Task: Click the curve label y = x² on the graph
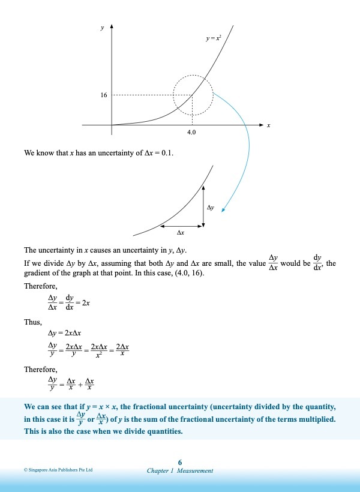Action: pyautogui.click(x=213, y=38)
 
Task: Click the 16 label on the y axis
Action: pyautogui.click(x=104, y=95)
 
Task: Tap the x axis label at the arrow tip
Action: pyautogui.click(x=268, y=125)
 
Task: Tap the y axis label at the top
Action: pyautogui.click(x=101, y=28)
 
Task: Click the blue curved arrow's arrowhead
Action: pyautogui.click(x=223, y=209)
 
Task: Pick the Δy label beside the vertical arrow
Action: pyautogui.click(x=211, y=207)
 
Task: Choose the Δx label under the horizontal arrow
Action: pyautogui.click(x=180, y=232)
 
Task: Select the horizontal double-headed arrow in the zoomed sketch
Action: pyautogui.click(x=181, y=226)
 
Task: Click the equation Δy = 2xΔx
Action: pyautogui.click(x=65, y=332)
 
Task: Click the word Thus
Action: pyautogui.click(x=32, y=322)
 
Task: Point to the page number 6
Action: pyautogui.click(x=180, y=461)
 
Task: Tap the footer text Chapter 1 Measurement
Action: pyautogui.click(x=180, y=470)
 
